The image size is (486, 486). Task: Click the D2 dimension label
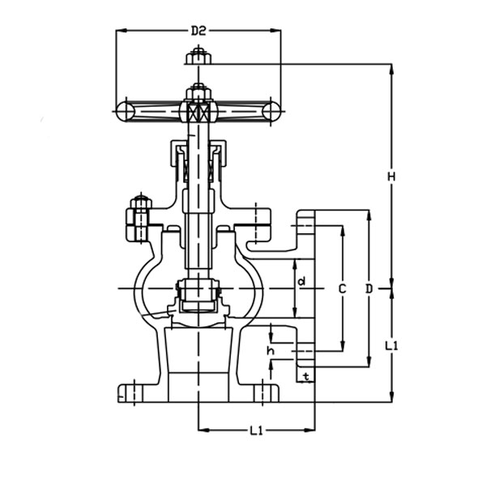[x=198, y=32]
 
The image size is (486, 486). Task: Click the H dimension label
[x=390, y=177]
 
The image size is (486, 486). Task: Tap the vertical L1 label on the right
[x=391, y=346]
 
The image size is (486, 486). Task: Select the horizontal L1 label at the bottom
[x=256, y=431]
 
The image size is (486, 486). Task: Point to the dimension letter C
[x=342, y=288]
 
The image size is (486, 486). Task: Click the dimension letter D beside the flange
[x=369, y=288]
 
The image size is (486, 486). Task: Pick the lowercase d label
[x=301, y=282]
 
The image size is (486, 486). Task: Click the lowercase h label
[x=271, y=351]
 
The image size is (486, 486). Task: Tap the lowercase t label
[x=305, y=377]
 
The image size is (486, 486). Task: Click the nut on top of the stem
[x=198, y=57]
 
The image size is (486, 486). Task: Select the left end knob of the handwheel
[x=126, y=111]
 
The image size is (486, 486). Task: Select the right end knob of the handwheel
[x=271, y=111]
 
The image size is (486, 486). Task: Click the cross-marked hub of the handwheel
[x=198, y=112]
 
